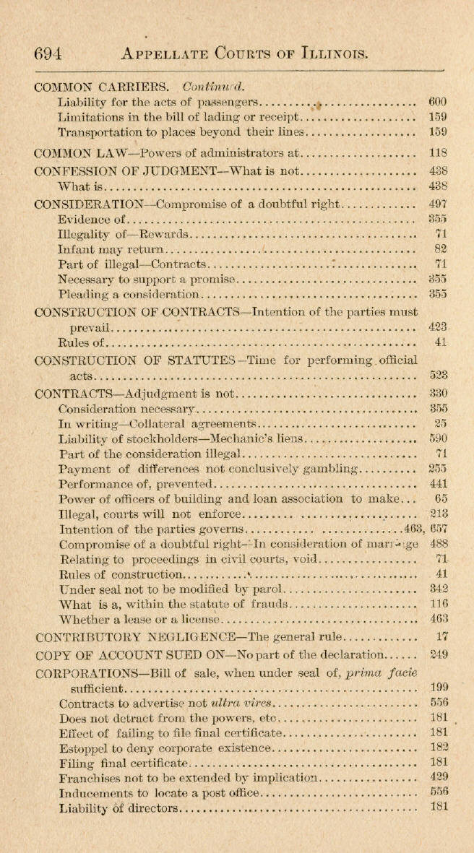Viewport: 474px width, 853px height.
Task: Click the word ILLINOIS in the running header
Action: click(327, 53)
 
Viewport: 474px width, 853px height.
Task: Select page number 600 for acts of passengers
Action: click(438, 103)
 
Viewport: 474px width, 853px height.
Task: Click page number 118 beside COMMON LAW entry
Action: click(438, 153)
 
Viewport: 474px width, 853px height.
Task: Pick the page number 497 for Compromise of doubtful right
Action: click(438, 204)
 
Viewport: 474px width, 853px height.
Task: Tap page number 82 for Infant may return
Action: click(441, 249)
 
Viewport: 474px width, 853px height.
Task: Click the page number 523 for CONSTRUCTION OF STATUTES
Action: click(438, 375)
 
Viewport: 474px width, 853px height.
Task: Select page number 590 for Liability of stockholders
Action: click(438, 438)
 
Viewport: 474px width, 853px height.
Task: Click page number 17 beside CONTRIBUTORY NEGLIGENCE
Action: click(443, 637)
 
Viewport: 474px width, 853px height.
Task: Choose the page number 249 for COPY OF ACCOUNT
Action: click(438, 655)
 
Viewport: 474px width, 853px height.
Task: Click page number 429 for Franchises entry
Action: click(438, 776)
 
